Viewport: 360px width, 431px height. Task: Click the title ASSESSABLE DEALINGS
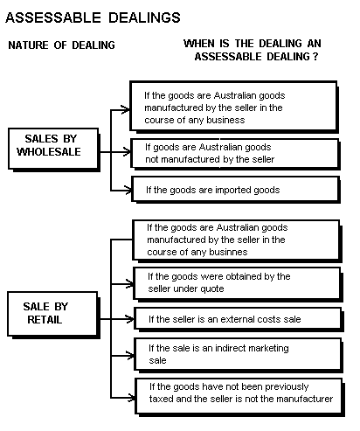pos(93,17)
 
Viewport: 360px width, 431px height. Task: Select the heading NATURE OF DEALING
pos(61,45)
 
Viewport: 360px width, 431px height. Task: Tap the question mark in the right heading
pos(315,56)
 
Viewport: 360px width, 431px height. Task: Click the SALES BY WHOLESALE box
pos(54,149)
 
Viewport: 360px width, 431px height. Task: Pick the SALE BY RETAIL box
pos(53,315)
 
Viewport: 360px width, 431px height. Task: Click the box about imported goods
pos(236,190)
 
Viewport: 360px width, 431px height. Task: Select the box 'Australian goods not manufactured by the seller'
pos(235,154)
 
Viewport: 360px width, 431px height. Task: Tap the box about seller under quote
pos(238,284)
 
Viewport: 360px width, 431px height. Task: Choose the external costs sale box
pos(239,320)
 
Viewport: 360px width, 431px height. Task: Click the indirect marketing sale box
pos(239,355)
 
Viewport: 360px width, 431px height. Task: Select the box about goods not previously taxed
pos(240,398)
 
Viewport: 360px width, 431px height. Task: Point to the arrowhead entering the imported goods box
pos(128,191)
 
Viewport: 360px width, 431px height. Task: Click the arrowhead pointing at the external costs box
pos(129,319)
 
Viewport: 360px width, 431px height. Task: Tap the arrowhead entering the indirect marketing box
pos(129,356)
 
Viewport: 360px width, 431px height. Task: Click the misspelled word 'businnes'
pos(227,252)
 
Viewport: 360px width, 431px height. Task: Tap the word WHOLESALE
pos(49,151)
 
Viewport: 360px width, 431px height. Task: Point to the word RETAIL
pos(45,320)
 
